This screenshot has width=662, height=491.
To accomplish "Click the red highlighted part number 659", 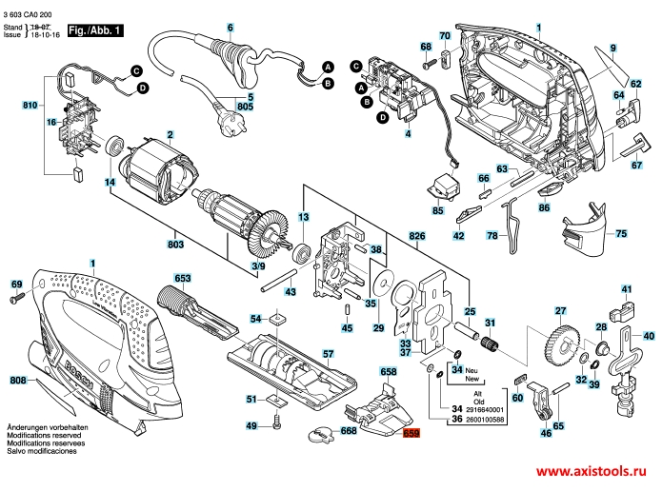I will [411, 433].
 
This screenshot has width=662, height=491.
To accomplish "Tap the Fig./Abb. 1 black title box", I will [95, 31].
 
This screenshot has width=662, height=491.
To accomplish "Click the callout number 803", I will [176, 245].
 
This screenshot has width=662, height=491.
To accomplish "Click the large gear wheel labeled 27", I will [558, 343].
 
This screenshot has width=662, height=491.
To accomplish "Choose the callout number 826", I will [415, 235].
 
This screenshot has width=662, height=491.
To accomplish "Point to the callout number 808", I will [17, 381].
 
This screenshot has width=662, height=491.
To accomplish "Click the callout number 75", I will [621, 233].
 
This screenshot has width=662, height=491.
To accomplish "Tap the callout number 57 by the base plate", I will [328, 354].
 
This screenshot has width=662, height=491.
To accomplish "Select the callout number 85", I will [437, 209].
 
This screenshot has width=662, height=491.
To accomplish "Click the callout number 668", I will [349, 431].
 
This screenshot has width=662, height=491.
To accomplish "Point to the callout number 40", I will [649, 336].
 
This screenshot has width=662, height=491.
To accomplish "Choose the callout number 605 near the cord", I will [246, 107].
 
